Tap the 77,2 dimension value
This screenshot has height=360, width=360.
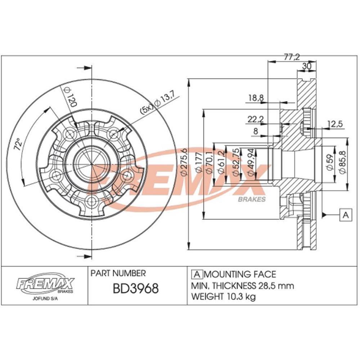tap(292, 57)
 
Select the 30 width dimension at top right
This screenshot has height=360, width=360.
tap(307, 66)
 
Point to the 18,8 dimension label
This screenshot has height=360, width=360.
tap(256, 97)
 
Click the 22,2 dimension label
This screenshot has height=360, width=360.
tap(256, 119)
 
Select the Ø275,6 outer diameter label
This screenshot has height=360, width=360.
tap(183, 162)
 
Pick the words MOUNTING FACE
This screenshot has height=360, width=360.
tap(240, 275)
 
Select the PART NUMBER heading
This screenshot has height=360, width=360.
tap(118, 273)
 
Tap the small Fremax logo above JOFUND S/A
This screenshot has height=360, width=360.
tap(45, 283)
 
